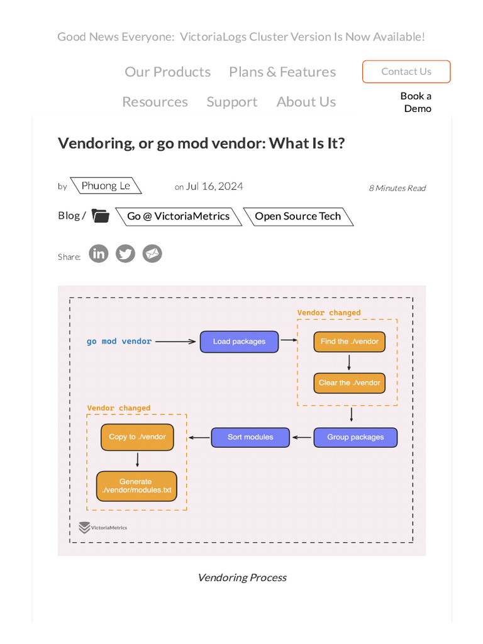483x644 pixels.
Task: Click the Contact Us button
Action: [406, 72]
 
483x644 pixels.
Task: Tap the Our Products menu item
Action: [167, 72]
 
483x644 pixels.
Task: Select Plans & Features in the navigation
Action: [282, 72]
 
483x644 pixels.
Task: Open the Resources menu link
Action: [155, 102]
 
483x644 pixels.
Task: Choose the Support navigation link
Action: [232, 102]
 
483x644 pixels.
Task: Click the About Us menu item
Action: [306, 102]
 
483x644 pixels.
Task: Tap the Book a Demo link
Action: [416, 102]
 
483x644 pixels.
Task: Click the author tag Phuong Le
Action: [106, 186]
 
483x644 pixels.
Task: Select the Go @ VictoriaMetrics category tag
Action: [179, 216]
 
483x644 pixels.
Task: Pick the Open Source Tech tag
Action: [297, 216]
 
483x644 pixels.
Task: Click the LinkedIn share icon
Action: [98, 254]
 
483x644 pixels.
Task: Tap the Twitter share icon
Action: [125, 254]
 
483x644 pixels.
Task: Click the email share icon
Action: [152, 254]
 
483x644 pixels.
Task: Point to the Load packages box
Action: [239, 341]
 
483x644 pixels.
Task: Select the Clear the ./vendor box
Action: [349, 382]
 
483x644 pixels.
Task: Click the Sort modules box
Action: [250, 437]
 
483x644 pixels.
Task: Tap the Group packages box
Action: [355, 437]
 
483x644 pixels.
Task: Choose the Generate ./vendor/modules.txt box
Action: [136, 486]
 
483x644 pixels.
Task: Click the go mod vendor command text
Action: [119, 341]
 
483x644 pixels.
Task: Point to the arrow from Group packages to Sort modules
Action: [302, 437]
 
